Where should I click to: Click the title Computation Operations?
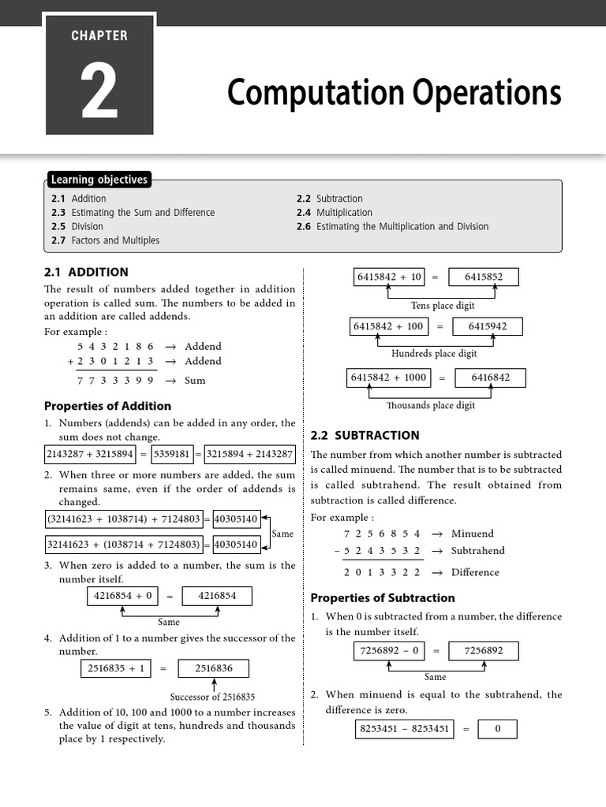pos(394,93)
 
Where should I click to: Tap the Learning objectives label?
pos(99,180)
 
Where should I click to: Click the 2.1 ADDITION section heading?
pos(86,272)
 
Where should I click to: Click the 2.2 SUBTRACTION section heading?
pos(365,435)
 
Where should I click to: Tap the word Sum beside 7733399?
pos(195,381)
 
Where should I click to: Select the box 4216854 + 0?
pos(122,597)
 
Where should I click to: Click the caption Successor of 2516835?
pos(212,697)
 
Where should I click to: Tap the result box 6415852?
pos(485,277)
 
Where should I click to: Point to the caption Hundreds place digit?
pos(434,354)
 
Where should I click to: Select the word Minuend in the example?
pos(472,534)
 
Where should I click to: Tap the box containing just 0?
pos(498,729)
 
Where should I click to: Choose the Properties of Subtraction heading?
pos(383,598)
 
